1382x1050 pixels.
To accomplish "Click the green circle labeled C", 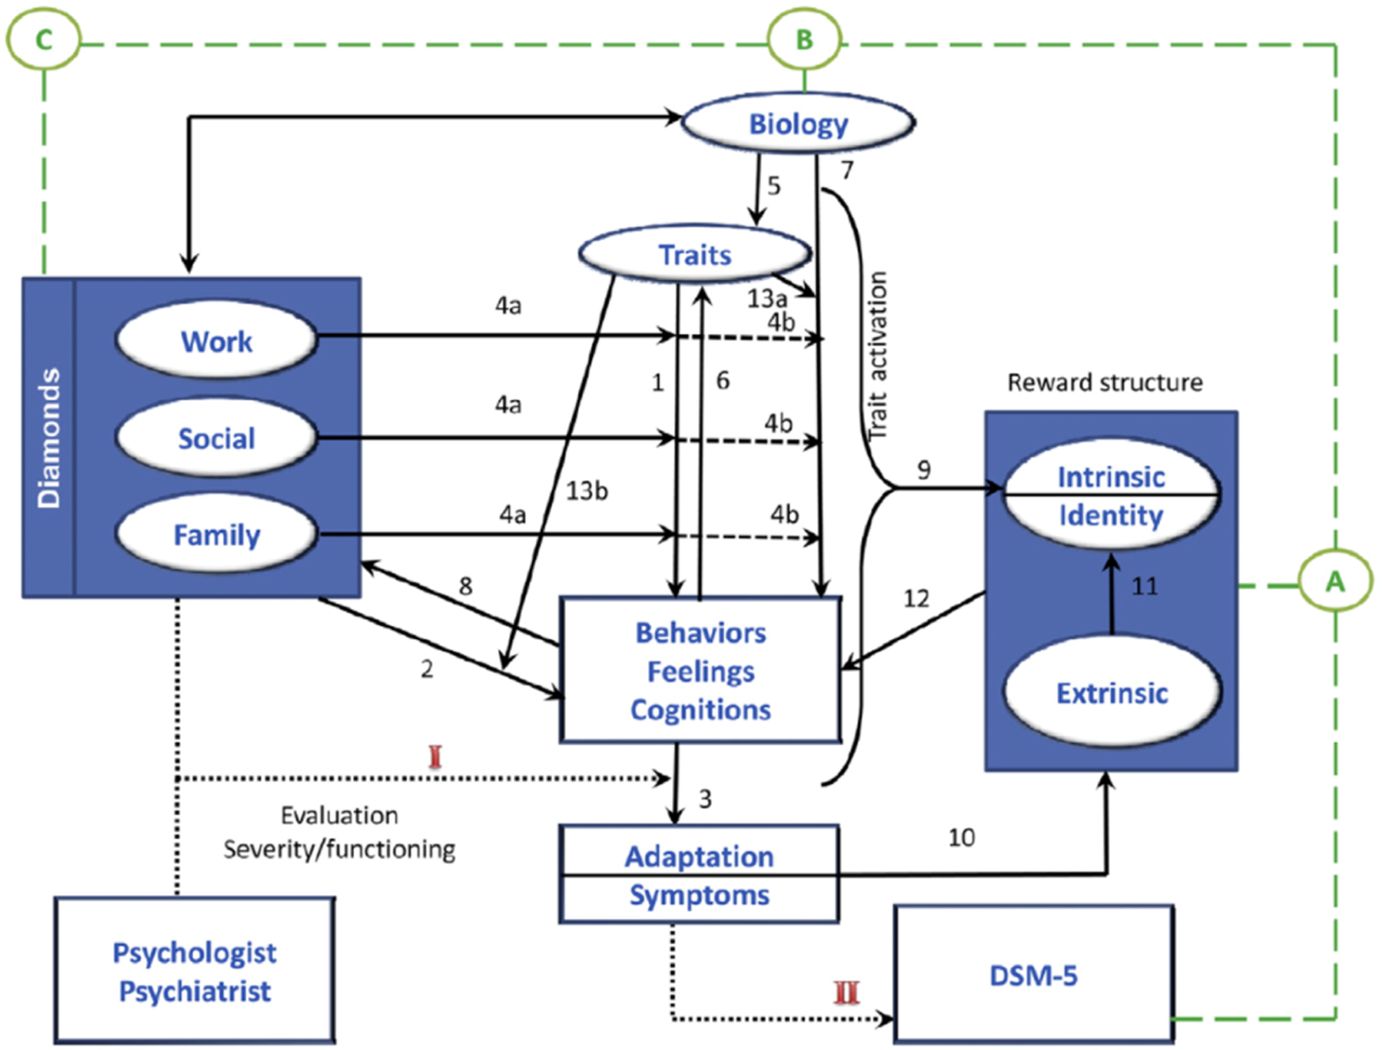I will [44, 38].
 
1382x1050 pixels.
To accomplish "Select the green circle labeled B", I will [804, 39].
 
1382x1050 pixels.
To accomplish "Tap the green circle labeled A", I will [1335, 582].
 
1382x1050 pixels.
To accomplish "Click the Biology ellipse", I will [798, 124].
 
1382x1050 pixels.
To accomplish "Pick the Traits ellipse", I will [695, 254].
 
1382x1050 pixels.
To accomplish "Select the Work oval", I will [217, 341].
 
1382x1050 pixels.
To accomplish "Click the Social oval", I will [217, 438].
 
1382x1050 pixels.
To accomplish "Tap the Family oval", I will [217, 534].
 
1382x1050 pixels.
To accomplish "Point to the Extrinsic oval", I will [1111, 692].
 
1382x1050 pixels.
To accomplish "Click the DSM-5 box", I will [1033, 975].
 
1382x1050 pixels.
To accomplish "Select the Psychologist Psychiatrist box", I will [194, 971].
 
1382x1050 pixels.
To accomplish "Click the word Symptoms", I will [699, 895].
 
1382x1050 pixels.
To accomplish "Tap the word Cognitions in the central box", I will [700, 710].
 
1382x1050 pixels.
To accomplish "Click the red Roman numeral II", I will [846, 992].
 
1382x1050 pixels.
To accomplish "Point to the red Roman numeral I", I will [435, 757].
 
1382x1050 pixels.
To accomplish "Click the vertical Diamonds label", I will [49, 438].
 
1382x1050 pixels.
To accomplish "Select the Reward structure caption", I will [1104, 382].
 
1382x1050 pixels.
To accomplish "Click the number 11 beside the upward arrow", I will [1144, 586].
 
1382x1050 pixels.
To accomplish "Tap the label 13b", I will [587, 490].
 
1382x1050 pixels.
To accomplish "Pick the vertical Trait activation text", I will [877, 355].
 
